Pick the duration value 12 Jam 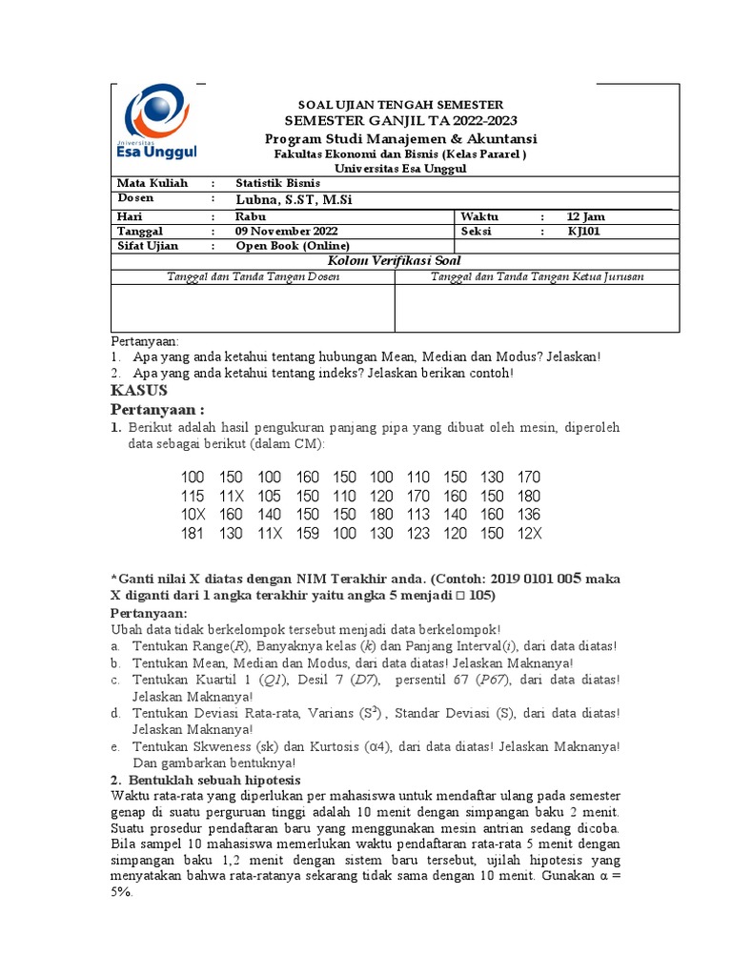pos(586,215)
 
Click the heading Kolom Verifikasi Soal pos(395,260)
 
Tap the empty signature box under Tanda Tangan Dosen pos(253,308)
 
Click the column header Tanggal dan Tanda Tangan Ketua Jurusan pos(538,276)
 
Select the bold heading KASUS pos(139,391)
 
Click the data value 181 pos(192,534)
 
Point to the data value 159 pos(307,534)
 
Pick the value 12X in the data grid pos(528,534)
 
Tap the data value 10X pos(192,515)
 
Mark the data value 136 pos(528,515)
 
